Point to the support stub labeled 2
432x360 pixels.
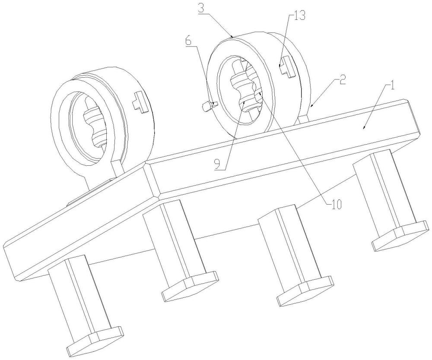pyautogui.click(x=304, y=117)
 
